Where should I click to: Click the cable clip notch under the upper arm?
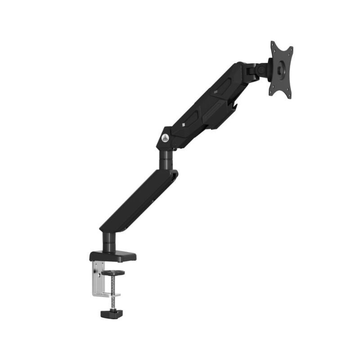[x=234, y=106]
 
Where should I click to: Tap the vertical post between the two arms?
[x=166, y=158]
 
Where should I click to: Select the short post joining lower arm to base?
[x=108, y=242]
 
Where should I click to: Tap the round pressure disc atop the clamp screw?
[x=112, y=273]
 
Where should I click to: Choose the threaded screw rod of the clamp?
[x=112, y=288]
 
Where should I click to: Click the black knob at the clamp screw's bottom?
[x=112, y=313]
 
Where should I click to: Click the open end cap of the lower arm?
[x=174, y=175]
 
